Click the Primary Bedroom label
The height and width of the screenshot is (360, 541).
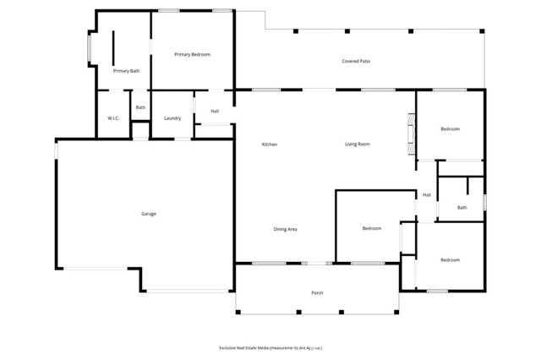192,55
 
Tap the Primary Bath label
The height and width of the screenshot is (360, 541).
126,71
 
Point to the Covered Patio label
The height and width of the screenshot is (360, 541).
356,62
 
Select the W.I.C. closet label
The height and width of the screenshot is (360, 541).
113,118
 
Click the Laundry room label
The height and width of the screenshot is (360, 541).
172,118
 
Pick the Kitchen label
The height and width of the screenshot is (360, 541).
269,145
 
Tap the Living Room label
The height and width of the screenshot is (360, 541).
357,145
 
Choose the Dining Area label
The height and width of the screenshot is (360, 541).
285,229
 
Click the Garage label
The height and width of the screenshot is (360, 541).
148,214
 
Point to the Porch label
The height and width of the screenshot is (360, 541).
317,293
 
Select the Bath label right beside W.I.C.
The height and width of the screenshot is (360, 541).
140,107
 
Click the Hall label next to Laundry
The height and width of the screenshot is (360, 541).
215,112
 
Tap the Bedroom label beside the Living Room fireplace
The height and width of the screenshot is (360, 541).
450,129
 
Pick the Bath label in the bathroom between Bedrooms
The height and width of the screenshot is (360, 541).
462,208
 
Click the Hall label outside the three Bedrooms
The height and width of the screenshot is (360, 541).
427,195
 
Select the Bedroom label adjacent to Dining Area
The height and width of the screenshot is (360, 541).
372,229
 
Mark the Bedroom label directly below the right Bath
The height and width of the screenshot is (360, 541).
450,260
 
